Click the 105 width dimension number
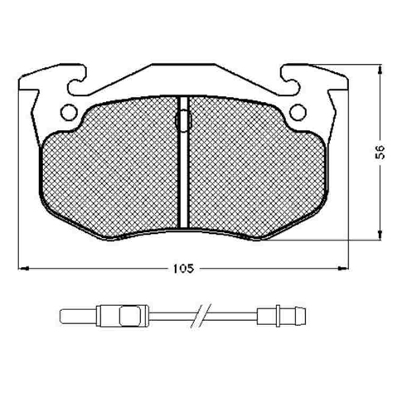pos(183,269)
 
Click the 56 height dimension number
pos(381,152)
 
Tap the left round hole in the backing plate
pos(69,112)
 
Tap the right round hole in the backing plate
pos(298,112)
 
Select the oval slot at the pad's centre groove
pos(183,120)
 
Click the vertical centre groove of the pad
pos(183,162)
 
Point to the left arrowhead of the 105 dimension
pos(24,268)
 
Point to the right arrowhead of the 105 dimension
pos(343,268)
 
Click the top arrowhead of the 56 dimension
pos(381,70)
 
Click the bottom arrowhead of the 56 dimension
pos(381,235)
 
